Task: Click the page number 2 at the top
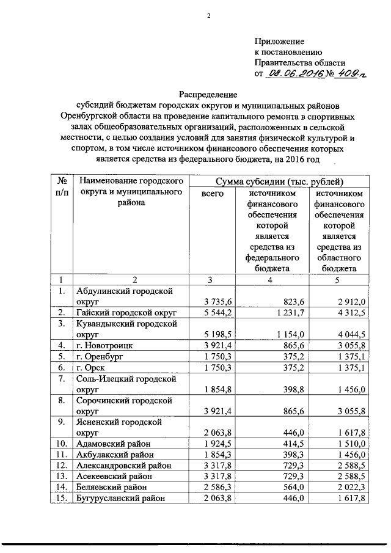point(208,16)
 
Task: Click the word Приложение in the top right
point(279,41)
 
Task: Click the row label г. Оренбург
point(100,357)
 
